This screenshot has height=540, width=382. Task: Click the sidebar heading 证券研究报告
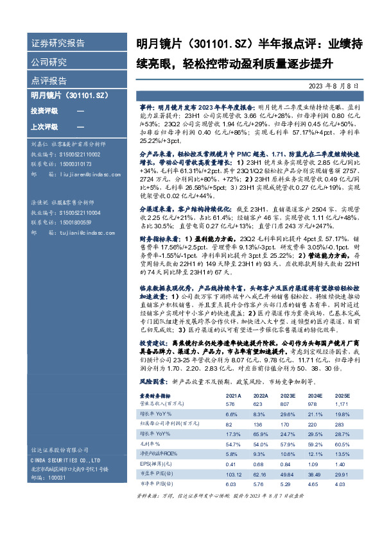pyautogui.click(x=58, y=44)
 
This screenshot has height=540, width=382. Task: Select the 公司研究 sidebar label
pyautogui.click(x=49, y=62)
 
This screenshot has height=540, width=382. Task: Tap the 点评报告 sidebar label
pyautogui.click(x=49, y=81)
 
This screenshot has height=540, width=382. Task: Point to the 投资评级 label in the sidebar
pyautogui.click(x=44, y=111)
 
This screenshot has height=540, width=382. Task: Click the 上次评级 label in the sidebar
pyautogui.click(x=44, y=126)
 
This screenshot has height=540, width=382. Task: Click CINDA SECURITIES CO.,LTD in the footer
pyautogui.click(x=64, y=460)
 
